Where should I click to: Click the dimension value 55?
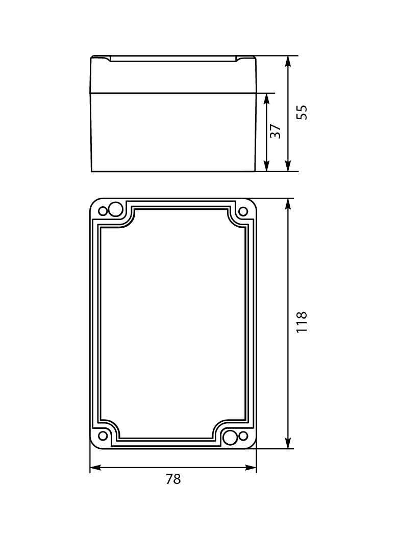tap(302, 112)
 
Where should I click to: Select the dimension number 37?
tap(275, 131)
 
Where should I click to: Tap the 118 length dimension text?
tap(302, 322)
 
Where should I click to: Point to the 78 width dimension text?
tap(173, 479)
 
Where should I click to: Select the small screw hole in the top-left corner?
tap(103, 211)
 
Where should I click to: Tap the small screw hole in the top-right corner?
tap(243, 211)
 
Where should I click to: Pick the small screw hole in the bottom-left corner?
tap(103, 436)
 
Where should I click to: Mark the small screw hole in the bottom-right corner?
tap(243, 436)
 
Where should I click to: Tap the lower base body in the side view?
tap(173, 132)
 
